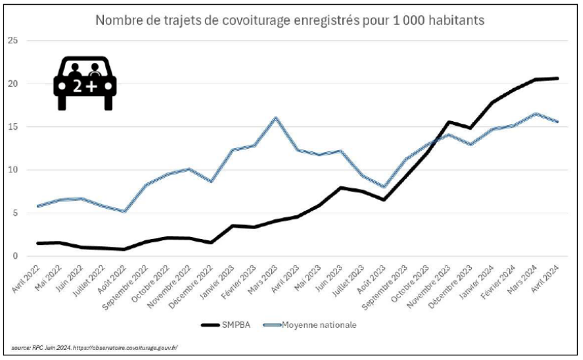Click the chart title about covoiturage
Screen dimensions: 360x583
coord(290,20)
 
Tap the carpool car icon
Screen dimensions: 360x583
coord(85,83)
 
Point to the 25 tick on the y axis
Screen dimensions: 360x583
coord(13,41)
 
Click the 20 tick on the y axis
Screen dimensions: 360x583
coord(13,84)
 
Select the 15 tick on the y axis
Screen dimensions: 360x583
coord(13,127)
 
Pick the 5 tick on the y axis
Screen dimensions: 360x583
coord(14,213)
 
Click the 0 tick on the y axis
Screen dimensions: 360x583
coord(14,256)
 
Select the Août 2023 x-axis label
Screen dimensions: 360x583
coord(370,277)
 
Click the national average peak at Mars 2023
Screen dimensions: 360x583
coord(276,118)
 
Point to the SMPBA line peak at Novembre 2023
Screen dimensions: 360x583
coord(449,122)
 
